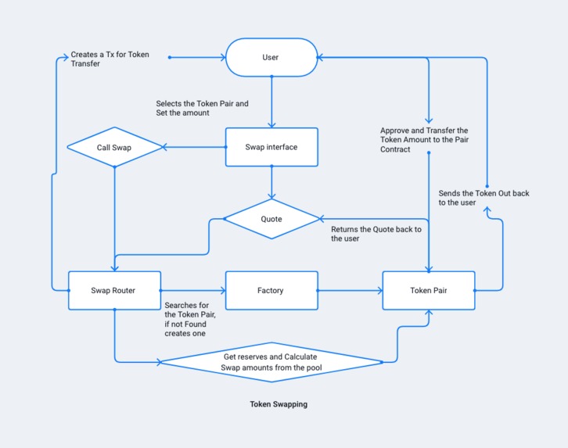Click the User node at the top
point(271,57)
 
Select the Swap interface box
point(271,147)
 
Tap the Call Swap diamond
point(114,147)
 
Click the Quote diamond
point(271,219)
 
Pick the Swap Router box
point(114,291)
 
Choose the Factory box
point(271,291)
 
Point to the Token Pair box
point(429,291)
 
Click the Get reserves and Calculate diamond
point(271,362)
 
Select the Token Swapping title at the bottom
point(279,405)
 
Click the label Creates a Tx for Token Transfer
point(110,59)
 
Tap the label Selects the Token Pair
point(202,108)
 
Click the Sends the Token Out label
point(484,198)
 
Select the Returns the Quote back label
point(376,234)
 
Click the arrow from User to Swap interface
point(271,102)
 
